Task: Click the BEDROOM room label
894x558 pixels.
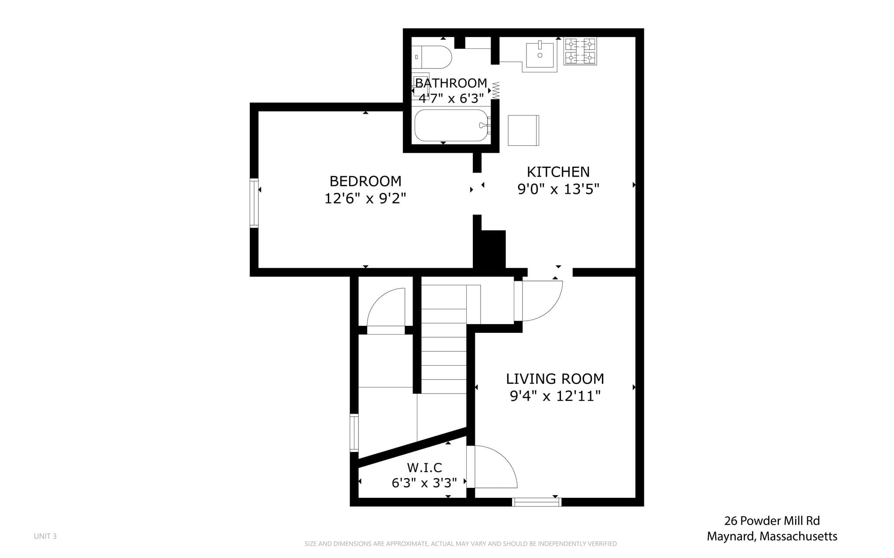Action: [365, 181]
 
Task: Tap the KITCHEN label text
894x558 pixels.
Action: [558, 172]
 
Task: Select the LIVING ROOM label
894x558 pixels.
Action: [555, 379]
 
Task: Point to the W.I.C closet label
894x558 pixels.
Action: [425, 468]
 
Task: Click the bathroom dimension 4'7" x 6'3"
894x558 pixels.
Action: [451, 98]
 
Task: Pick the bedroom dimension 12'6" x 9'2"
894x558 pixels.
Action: [365, 199]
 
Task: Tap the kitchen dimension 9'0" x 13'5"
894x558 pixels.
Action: [558, 189]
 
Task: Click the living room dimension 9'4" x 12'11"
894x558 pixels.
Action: [555, 396]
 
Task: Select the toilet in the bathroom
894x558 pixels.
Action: [432, 57]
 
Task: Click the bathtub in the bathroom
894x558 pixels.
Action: [451, 125]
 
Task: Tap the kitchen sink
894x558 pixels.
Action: [540, 55]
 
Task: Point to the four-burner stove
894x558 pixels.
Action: [580, 51]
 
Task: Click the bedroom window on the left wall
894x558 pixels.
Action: [254, 203]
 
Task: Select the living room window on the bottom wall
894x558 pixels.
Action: [536, 502]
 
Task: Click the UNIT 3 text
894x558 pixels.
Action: [45, 536]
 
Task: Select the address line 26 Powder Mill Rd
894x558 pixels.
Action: [772, 520]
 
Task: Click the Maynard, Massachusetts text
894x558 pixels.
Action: [772, 536]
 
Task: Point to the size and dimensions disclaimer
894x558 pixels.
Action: [461, 544]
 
